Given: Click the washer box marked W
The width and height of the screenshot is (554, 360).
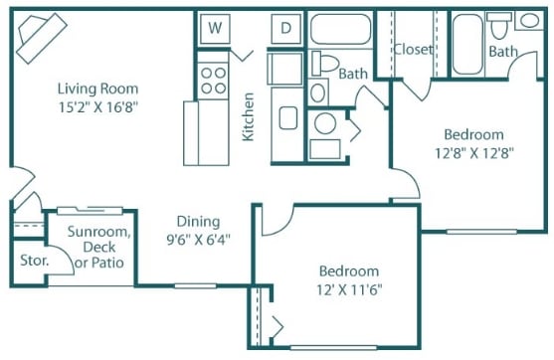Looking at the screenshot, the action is point(215,28).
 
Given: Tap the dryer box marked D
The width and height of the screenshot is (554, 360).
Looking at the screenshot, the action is point(286,28).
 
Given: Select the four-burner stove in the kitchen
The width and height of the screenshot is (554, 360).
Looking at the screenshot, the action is point(213,81).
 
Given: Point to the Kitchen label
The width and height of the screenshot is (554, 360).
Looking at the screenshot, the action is point(249,116).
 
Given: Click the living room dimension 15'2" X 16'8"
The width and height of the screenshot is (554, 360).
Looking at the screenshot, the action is point(97,106).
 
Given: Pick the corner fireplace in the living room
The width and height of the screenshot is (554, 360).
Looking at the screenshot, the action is point(42,38).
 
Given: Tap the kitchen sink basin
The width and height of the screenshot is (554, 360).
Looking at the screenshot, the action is point(288,117).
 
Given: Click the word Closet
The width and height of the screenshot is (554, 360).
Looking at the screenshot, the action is point(413,50).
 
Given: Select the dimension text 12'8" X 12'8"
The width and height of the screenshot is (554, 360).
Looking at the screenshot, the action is point(473,153).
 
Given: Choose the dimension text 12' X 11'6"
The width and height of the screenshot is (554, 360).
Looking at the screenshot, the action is point(349,290).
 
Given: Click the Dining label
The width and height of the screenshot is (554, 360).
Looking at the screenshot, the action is point(198,222).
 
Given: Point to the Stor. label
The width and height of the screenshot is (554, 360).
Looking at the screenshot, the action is point(34,261).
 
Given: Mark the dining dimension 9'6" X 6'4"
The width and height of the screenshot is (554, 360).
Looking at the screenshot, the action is point(198,240).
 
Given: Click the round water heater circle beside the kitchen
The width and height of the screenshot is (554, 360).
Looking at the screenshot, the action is point(325,123).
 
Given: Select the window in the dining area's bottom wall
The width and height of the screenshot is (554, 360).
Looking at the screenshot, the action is point(195,285).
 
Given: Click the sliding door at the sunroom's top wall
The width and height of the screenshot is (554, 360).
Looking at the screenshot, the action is point(90,211).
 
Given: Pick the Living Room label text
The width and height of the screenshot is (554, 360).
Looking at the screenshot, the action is point(97,89).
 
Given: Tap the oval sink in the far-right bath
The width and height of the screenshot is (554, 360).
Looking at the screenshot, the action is point(529,21).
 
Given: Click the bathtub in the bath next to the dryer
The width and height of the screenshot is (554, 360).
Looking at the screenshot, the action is point(340,29).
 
